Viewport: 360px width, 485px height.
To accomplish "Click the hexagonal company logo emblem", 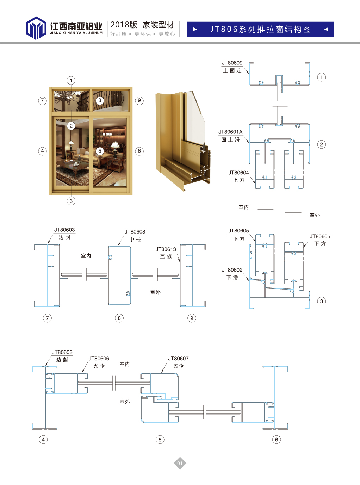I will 36,28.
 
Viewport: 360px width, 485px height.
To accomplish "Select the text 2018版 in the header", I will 124,25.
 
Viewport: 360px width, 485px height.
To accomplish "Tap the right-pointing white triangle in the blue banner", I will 195,29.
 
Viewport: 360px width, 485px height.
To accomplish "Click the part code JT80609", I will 232,63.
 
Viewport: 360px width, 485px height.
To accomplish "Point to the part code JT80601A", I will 230,132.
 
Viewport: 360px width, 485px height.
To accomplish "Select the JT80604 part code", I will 238,173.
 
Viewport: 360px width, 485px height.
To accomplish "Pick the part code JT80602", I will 232,270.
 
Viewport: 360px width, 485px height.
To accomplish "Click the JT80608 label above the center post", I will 135,232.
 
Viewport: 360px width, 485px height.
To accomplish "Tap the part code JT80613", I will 166,249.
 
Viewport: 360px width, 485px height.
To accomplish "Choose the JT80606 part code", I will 99,359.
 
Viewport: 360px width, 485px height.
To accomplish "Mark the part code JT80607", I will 178,359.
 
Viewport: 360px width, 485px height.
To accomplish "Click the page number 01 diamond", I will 180,463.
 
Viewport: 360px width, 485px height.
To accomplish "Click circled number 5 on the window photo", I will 100,151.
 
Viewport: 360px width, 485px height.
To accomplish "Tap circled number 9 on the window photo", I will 139,100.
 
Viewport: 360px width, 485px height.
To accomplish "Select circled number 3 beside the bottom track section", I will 321,301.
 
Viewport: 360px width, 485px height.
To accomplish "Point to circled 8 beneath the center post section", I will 119,318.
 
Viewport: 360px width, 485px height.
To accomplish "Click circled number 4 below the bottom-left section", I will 43,439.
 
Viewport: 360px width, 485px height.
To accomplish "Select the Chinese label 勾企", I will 178,366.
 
